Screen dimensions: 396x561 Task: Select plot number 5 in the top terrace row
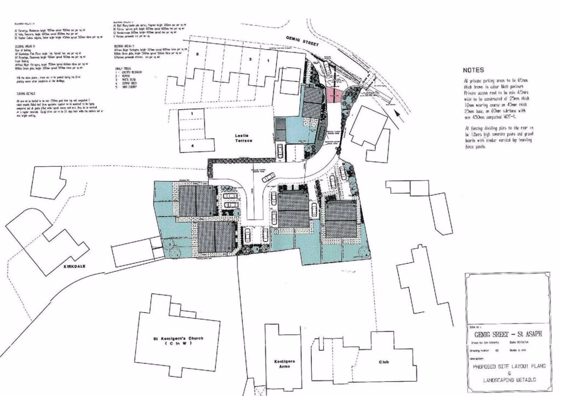click(x=196, y=54)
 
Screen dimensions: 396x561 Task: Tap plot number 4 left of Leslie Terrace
click(x=193, y=144)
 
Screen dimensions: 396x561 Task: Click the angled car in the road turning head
click(x=269, y=177)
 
